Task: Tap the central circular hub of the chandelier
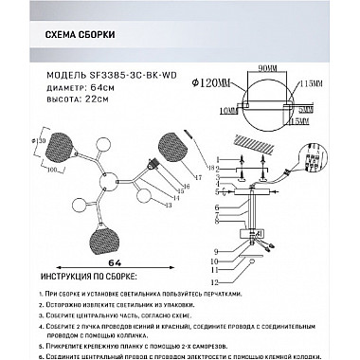tap(108, 176)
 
